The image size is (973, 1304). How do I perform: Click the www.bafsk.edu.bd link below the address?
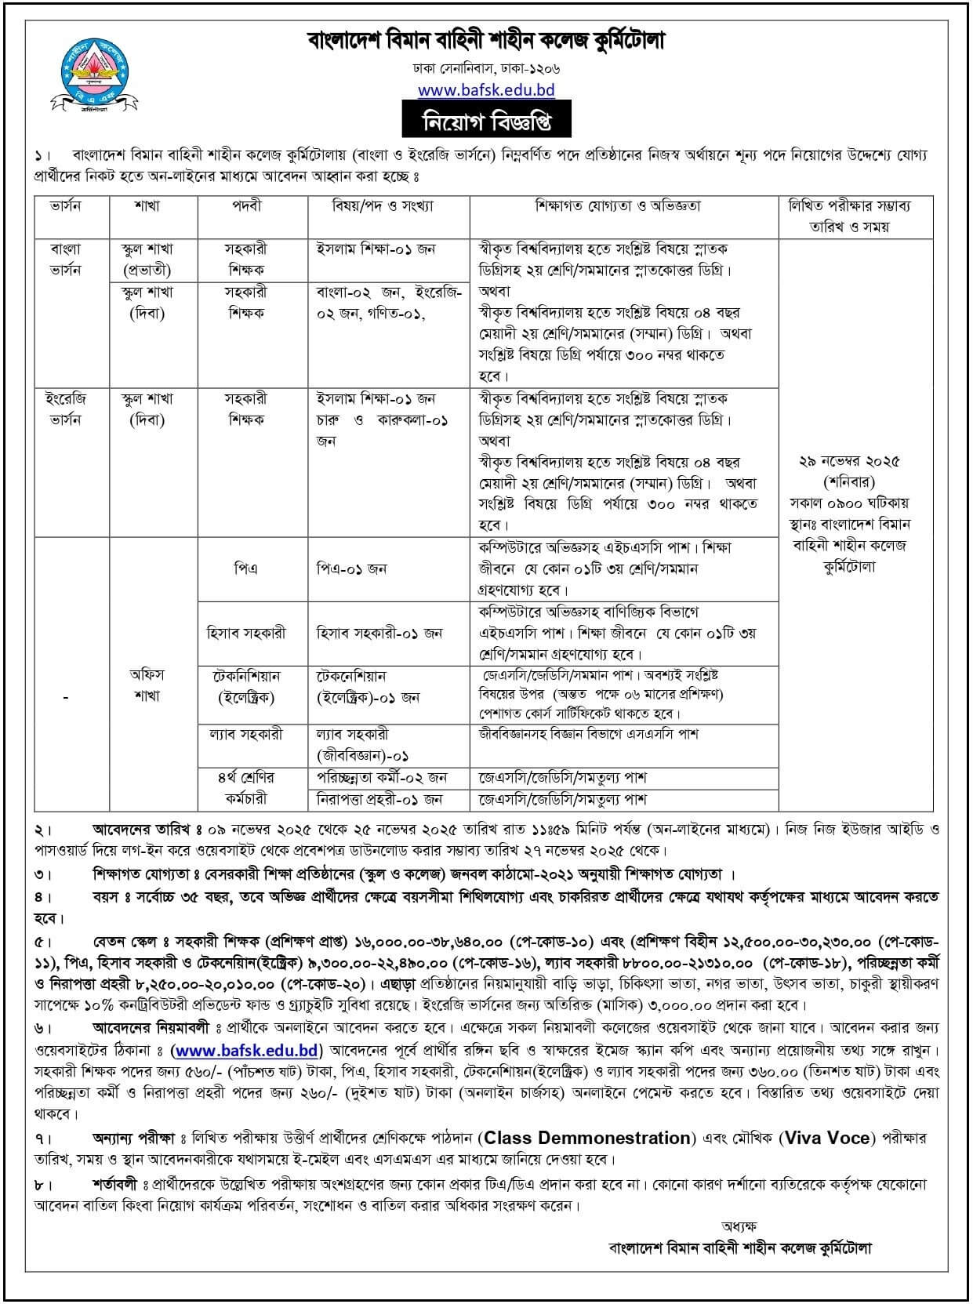tap(486, 89)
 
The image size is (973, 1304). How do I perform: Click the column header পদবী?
tap(252, 206)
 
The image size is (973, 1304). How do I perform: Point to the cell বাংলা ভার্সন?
tap(67, 260)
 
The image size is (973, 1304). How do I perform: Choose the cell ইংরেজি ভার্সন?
tap(67, 409)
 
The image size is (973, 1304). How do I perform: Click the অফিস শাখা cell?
tap(147, 685)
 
